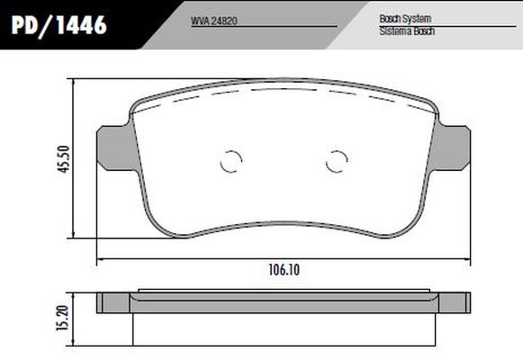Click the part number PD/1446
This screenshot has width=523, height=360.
[x=60, y=26]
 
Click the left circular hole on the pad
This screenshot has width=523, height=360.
[x=231, y=161]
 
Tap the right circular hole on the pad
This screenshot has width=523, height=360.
[x=336, y=161]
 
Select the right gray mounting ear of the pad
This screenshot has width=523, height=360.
[x=453, y=147]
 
